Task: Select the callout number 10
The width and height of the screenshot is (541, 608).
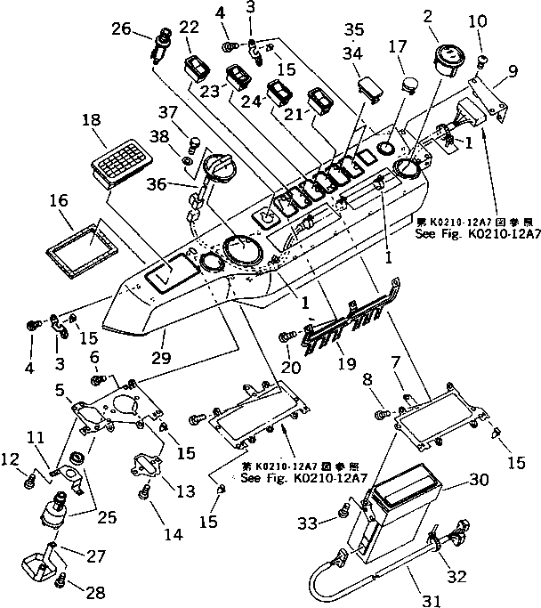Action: pos(477,20)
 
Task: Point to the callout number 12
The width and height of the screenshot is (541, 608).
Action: pos(11,459)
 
